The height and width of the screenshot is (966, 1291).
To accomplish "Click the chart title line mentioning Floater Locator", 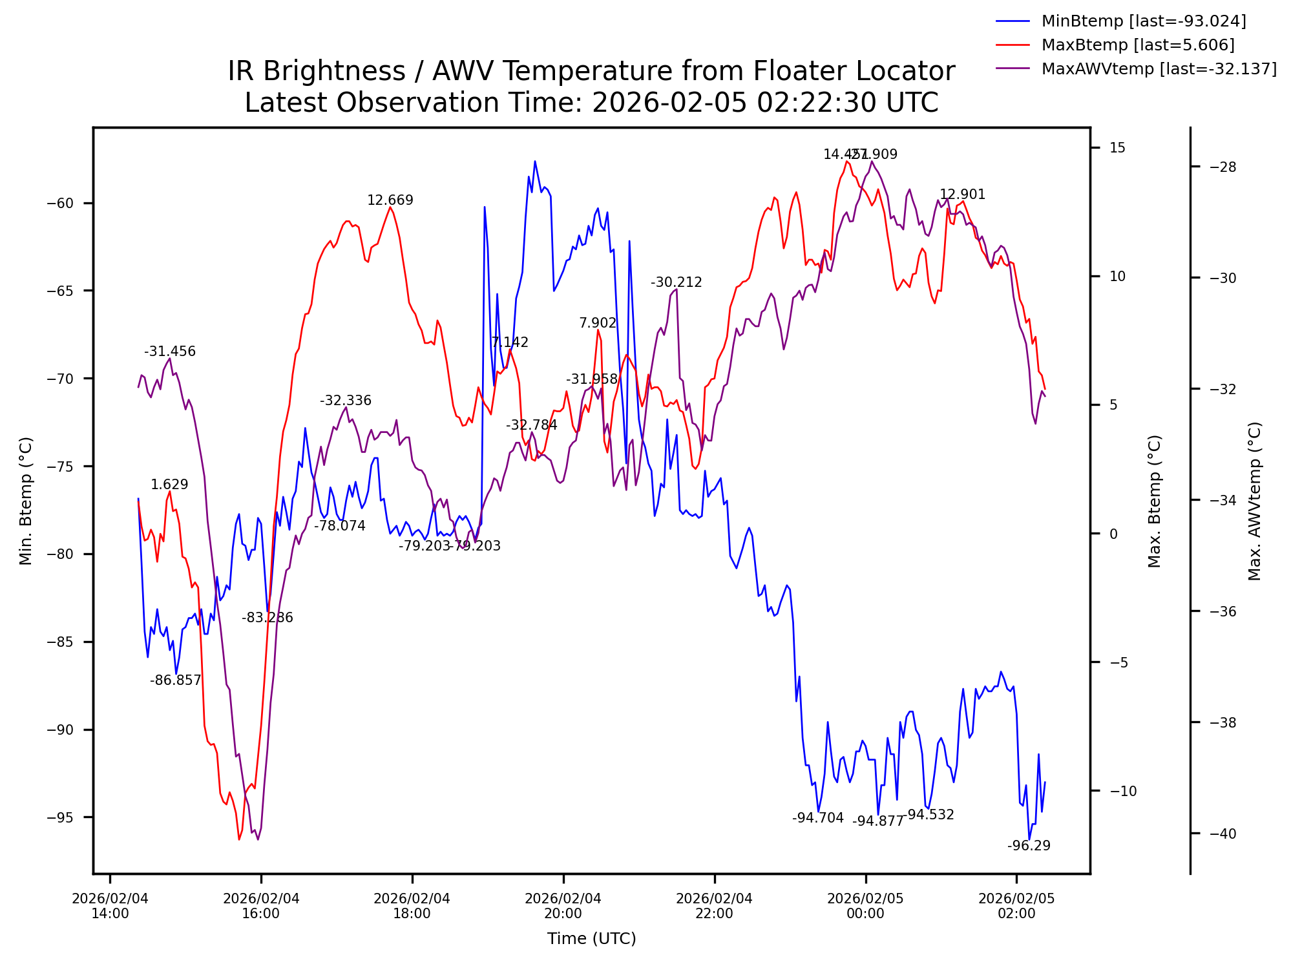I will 591,71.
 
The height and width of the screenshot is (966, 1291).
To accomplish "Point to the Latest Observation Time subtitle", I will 591,103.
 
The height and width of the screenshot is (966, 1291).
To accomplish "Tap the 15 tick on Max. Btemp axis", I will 1117,148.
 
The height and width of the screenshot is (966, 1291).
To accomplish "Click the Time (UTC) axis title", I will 591,939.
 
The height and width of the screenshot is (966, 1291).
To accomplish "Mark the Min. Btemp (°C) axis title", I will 26,501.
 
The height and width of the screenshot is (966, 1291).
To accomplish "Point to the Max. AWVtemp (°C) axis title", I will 1255,501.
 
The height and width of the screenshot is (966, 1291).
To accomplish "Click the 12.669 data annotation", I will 390,200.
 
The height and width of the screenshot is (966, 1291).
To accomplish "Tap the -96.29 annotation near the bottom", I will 1029,846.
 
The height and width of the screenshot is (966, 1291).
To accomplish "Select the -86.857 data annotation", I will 176,680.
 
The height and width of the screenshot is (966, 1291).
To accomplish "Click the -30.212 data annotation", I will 676,282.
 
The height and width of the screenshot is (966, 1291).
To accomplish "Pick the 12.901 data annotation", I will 962,194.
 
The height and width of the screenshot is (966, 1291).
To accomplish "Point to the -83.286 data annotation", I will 268,618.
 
